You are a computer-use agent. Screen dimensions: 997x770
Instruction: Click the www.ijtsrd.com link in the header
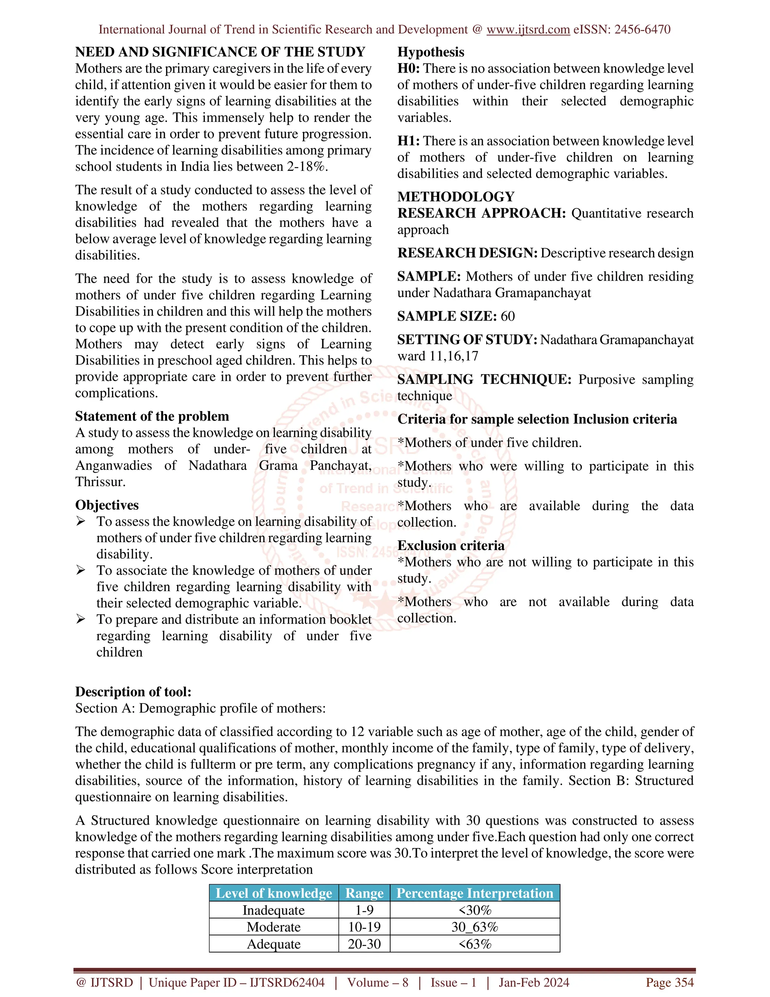click(x=528, y=30)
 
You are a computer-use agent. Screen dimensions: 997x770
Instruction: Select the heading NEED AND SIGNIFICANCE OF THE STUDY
click(x=220, y=52)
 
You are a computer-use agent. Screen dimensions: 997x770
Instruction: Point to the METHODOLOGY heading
click(x=456, y=197)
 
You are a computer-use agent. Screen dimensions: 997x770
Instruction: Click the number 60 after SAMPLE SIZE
click(x=507, y=316)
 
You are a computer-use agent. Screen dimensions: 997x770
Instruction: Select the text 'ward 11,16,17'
click(x=438, y=356)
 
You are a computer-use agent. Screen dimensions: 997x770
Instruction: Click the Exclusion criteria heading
click(x=451, y=546)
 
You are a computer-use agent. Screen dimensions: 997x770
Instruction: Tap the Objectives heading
click(x=107, y=505)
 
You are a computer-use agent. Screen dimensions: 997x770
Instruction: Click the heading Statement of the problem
click(x=152, y=416)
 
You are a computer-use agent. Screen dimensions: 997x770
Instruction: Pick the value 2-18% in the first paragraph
click(x=306, y=167)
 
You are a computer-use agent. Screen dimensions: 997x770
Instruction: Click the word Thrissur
click(x=100, y=482)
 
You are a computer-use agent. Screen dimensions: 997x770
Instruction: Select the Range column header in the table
click(x=364, y=894)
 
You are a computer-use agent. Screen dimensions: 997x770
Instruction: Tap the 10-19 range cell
click(x=364, y=927)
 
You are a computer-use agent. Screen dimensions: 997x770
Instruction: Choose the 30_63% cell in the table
click(x=474, y=927)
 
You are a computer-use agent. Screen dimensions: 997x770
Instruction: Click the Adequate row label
click(x=273, y=944)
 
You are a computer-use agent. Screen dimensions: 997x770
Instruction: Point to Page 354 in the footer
click(x=669, y=983)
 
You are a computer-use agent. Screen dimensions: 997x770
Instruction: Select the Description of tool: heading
click(x=133, y=692)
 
